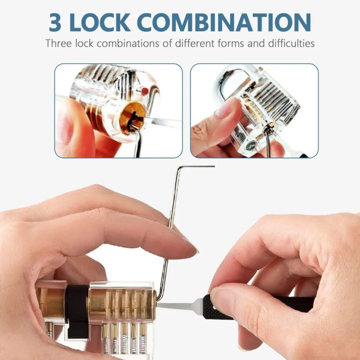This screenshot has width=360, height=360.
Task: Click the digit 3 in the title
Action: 56,23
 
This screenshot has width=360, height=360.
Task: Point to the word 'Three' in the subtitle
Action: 58,43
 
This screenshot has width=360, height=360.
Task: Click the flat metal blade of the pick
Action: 176,306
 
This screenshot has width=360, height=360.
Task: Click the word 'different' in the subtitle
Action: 192,43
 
